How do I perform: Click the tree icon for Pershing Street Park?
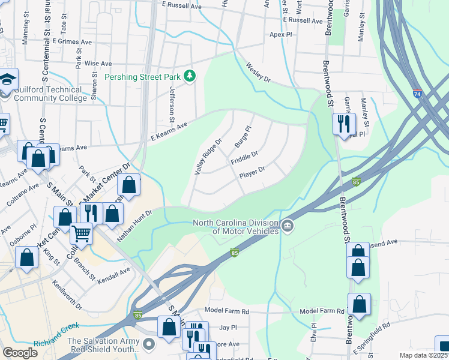(x=190, y=75)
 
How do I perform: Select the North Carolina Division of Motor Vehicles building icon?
(x=288, y=226)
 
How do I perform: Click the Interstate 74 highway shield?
(x=417, y=94)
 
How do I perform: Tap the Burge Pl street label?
(x=242, y=137)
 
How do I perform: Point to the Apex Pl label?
(x=280, y=35)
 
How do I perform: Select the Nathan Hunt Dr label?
(x=135, y=224)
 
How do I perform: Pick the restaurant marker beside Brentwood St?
(x=344, y=124)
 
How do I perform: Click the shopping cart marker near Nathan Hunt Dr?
(x=81, y=233)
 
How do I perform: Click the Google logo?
(x=20, y=352)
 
